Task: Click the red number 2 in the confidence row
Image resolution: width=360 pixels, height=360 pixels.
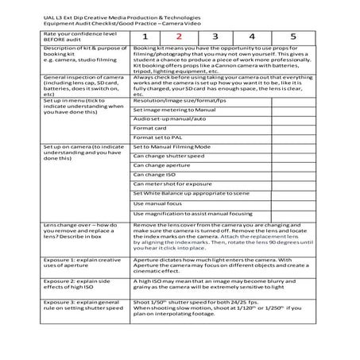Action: pyautogui.click(x=179, y=37)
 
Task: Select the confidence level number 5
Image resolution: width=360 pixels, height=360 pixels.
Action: pyautogui.click(x=292, y=37)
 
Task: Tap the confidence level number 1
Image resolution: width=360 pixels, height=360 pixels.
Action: pyautogui.click(x=145, y=37)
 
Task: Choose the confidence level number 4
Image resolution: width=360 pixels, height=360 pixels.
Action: pyautogui.click(x=253, y=37)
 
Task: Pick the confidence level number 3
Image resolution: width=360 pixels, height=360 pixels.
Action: pyautogui.click(x=215, y=37)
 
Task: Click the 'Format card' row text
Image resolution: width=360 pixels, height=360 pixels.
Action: pyautogui.click(x=150, y=126)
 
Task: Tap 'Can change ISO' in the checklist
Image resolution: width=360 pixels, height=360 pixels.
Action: pyautogui.click(x=154, y=174)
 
